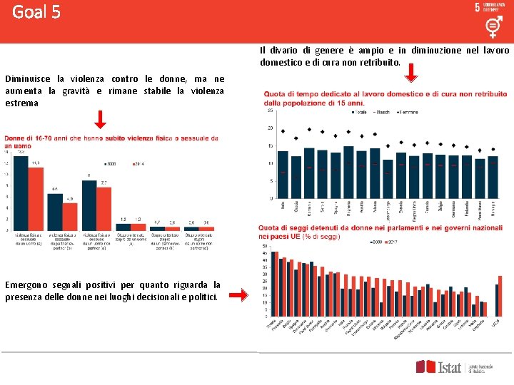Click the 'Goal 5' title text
(x=36, y=12)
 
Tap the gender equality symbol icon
(x=492, y=27)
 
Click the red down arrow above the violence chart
(x=100, y=119)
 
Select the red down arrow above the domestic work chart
(x=414, y=73)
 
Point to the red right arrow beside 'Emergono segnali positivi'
(x=243, y=294)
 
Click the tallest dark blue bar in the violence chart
(x=20, y=192)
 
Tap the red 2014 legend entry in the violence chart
(x=138, y=164)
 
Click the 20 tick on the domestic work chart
(x=270, y=128)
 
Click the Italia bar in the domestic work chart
(x=283, y=174)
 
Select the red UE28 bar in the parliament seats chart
(x=500, y=294)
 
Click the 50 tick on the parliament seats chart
(x=266, y=246)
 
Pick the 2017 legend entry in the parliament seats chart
(x=391, y=242)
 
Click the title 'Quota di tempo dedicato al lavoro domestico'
(x=385, y=94)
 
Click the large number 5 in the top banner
(x=477, y=7)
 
